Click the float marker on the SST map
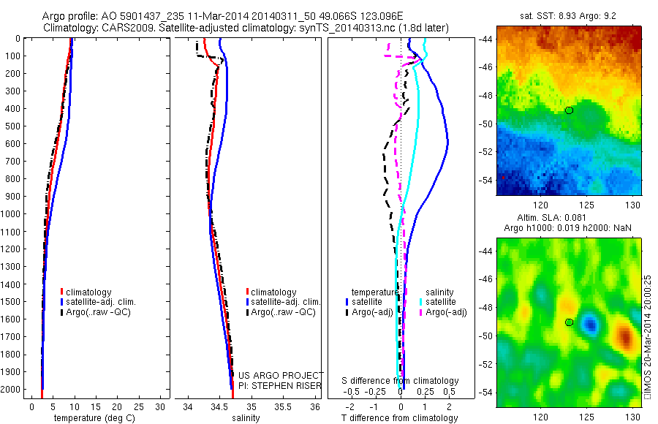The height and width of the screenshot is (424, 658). [569, 110]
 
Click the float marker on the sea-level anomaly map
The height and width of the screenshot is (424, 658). [569, 322]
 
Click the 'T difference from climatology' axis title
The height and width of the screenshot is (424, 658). [401, 418]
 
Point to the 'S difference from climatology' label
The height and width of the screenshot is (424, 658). [401, 381]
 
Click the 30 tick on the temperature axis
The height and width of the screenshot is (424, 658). [160, 406]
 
